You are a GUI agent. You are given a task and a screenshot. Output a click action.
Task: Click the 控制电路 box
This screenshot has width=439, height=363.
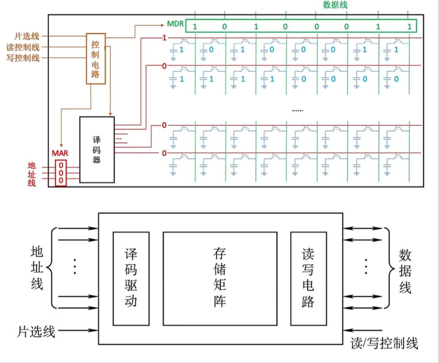[x=96, y=58]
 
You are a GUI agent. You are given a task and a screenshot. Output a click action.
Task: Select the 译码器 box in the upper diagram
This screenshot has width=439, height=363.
[x=97, y=150]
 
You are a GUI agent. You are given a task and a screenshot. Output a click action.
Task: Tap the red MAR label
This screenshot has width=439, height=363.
[x=60, y=153]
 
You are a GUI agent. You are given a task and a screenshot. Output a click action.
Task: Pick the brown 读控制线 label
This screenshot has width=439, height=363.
[x=23, y=47]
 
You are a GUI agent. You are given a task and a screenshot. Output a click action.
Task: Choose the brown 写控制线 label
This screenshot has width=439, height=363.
[x=23, y=58]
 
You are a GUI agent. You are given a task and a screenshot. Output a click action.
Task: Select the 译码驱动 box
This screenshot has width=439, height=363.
[x=131, y=278]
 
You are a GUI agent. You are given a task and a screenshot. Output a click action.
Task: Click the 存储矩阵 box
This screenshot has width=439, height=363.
[x=219, y=278]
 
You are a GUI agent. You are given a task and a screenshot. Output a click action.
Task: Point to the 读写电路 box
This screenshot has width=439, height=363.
[x=308, y=278]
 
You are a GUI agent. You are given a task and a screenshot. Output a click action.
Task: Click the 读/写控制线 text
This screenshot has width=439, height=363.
[x=384, y=343]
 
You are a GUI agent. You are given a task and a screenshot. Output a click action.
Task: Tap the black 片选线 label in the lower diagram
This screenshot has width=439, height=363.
[x=36, y=330]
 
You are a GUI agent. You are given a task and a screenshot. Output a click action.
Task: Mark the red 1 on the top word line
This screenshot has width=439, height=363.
[x=164, y=38]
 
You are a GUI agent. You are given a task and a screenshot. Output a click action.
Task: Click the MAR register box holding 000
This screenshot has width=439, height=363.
[x=61, y=173]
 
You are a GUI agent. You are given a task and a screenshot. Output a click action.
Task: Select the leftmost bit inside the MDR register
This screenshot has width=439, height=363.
[x=194, y=27]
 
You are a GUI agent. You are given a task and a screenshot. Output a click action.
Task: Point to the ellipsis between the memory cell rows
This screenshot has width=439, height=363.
[x=297, y=110]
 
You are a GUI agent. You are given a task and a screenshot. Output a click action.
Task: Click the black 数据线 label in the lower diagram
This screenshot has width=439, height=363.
[x=405, y=271]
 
